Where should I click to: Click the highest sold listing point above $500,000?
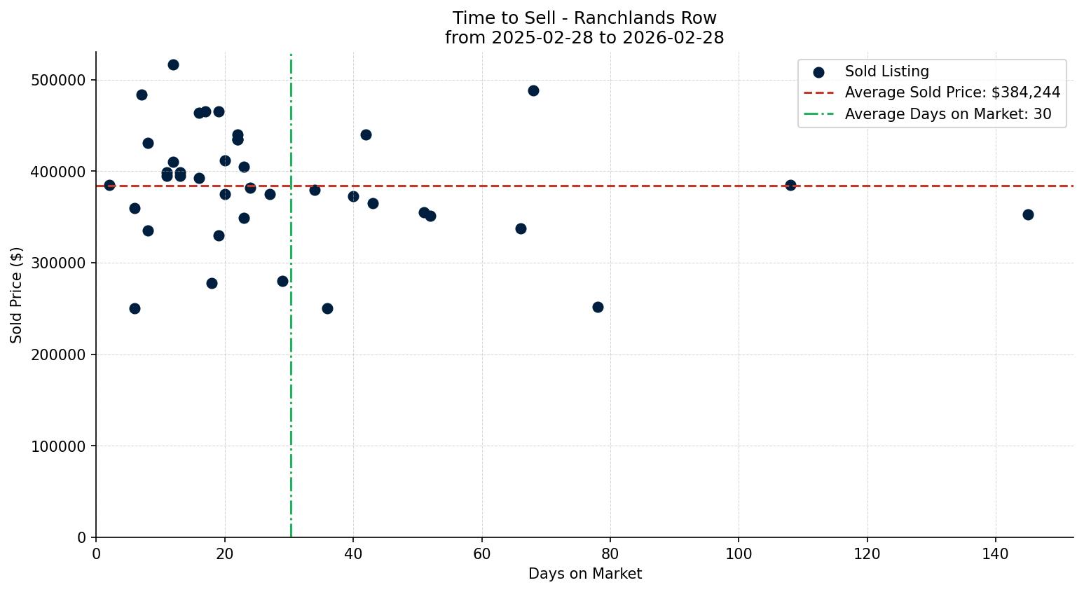173,64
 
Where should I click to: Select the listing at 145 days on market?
1028,214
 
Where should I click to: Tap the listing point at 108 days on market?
790,185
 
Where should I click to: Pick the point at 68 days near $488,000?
533,90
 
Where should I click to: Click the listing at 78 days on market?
598,307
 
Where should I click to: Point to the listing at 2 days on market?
109,185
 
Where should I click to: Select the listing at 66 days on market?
521,228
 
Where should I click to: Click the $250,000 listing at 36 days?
327,308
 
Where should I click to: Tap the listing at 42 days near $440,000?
366,135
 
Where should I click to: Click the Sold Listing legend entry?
886,71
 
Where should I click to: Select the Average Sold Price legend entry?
952,92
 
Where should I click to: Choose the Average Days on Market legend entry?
947,114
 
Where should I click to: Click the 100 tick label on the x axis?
739,554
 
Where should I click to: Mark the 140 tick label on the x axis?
996,554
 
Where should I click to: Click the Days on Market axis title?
584,574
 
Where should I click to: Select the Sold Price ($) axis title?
16,295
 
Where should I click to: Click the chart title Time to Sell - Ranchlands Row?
584,18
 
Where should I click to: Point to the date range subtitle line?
584,38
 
